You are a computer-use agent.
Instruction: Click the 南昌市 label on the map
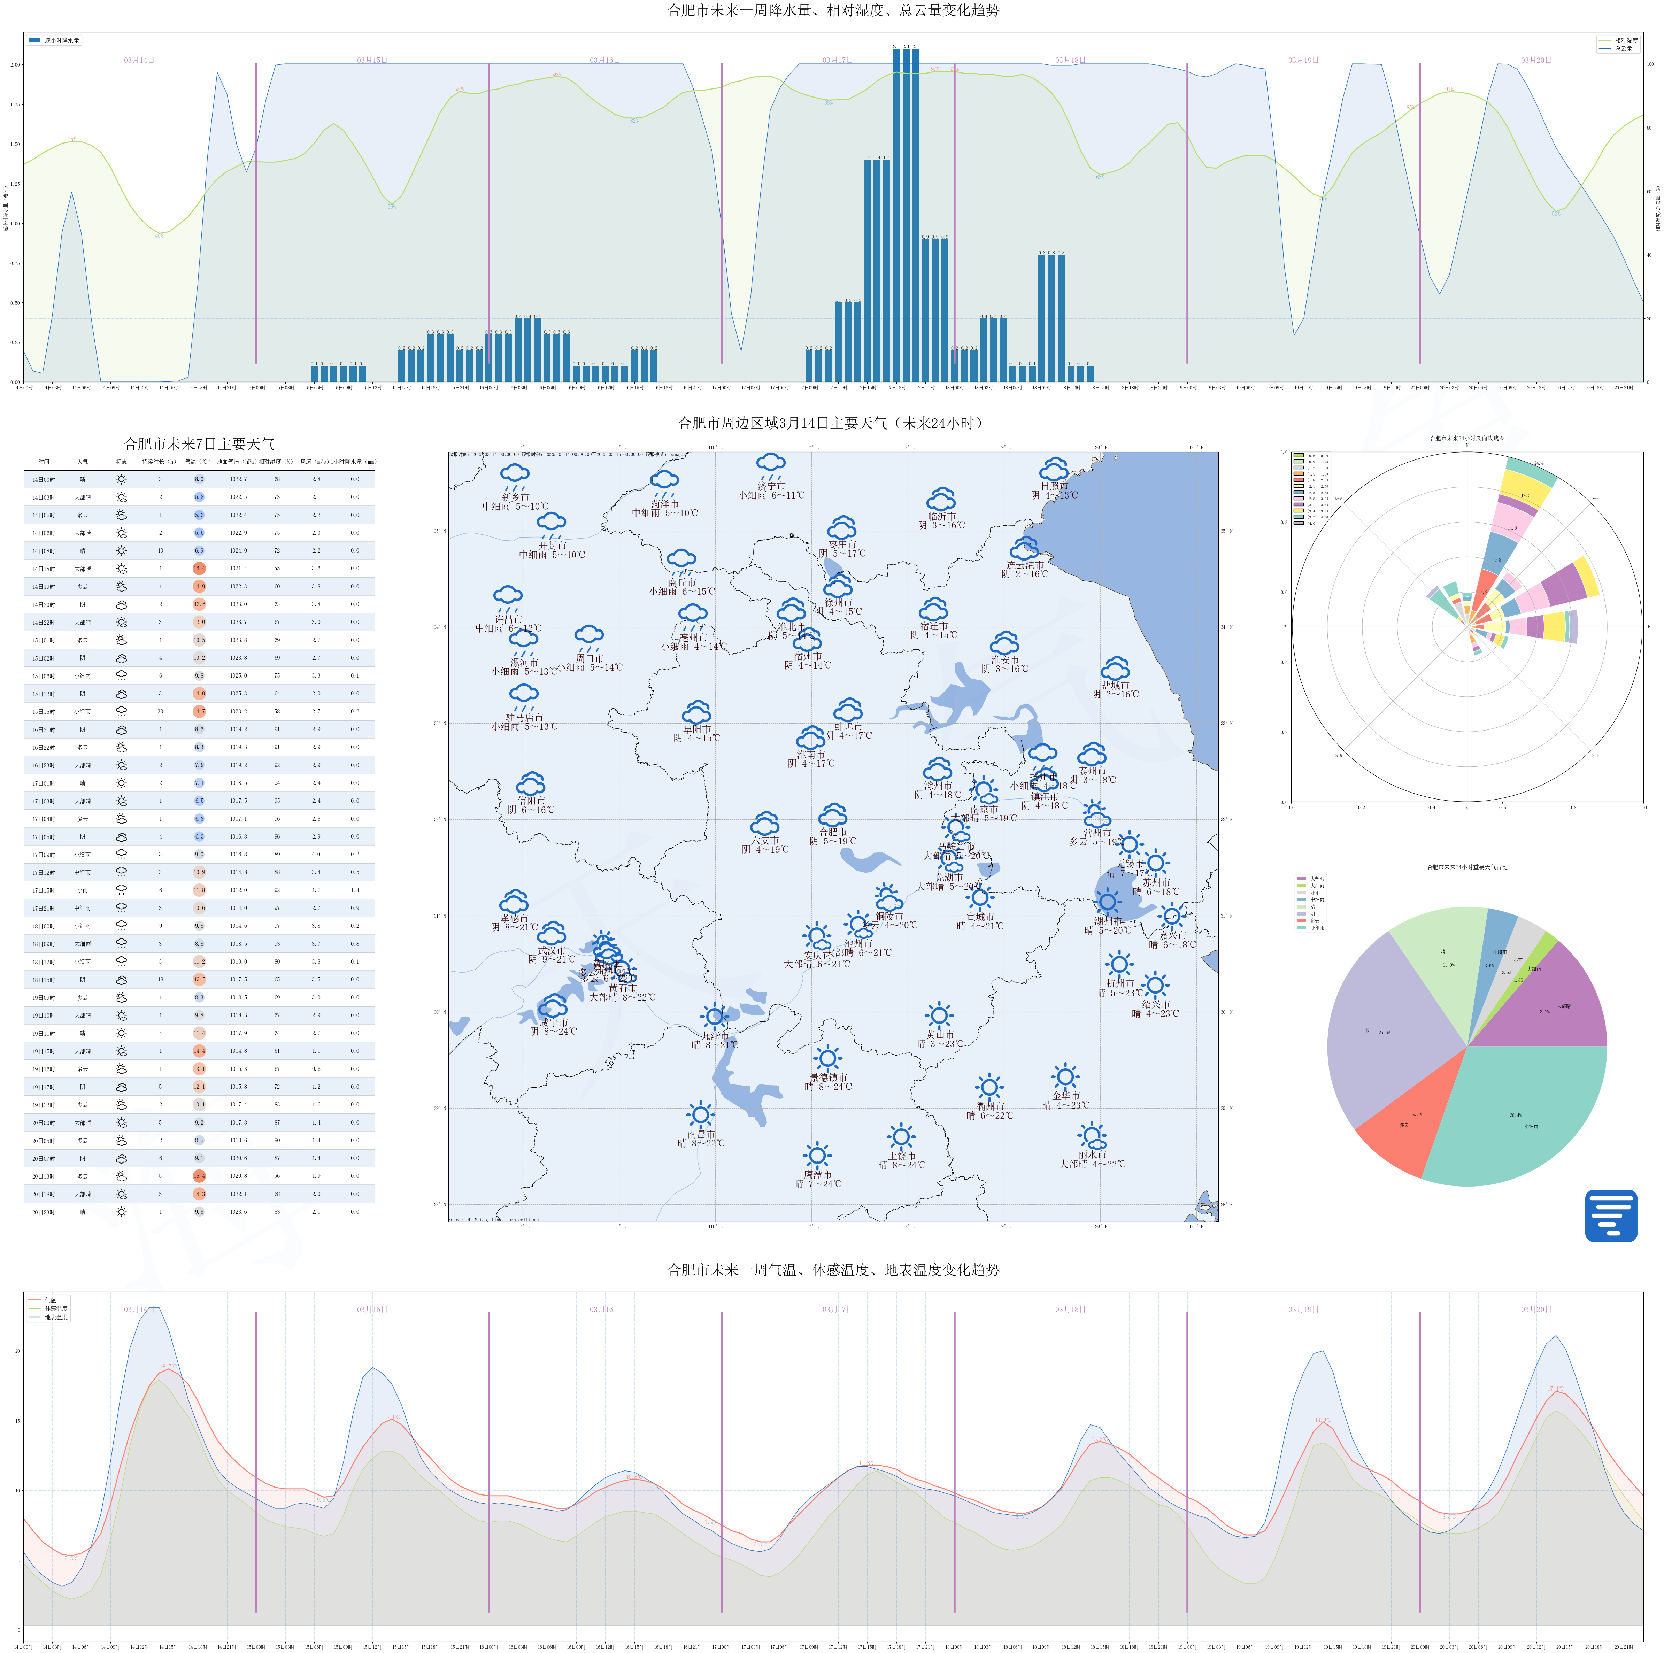701,1134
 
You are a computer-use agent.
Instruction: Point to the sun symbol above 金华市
1065,1076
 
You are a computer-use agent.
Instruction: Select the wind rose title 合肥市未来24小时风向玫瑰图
1467,439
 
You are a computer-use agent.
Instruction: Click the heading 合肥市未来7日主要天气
199,443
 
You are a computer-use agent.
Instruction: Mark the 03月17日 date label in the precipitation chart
837,60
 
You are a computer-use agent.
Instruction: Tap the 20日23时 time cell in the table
44,1212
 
